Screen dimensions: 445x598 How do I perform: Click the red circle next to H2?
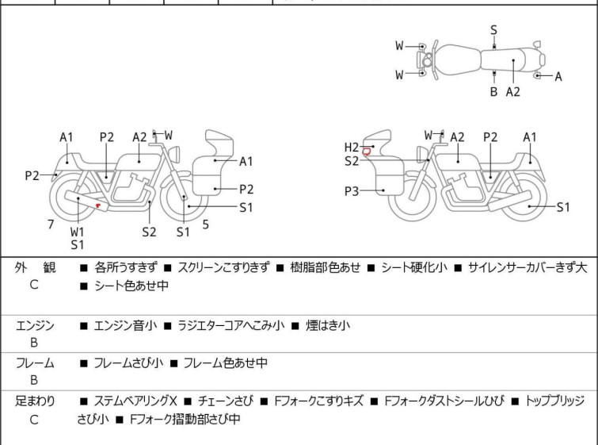tap(367, 151)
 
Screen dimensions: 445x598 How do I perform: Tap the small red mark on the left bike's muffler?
tap(97, 205)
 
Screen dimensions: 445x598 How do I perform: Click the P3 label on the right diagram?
tap(352, 191)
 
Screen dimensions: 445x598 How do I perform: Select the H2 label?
tap(352, 147)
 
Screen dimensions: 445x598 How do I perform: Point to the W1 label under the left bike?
tap(77, 232)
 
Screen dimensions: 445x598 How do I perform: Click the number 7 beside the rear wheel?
tap(51, 224)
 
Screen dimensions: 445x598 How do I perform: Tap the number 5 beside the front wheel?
tap(205, 224)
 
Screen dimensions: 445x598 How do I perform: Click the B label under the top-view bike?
tap(493, 92)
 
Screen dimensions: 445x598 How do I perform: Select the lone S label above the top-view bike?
tap(493, 30)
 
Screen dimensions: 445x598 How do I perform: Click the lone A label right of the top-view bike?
tap(558, 77)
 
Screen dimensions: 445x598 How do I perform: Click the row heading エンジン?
tap(35, 325)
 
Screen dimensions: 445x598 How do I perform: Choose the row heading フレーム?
tap(35, 363)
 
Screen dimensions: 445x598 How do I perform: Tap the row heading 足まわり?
tap(35, 401)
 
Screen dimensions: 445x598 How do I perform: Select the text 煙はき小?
tap(328, 325)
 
